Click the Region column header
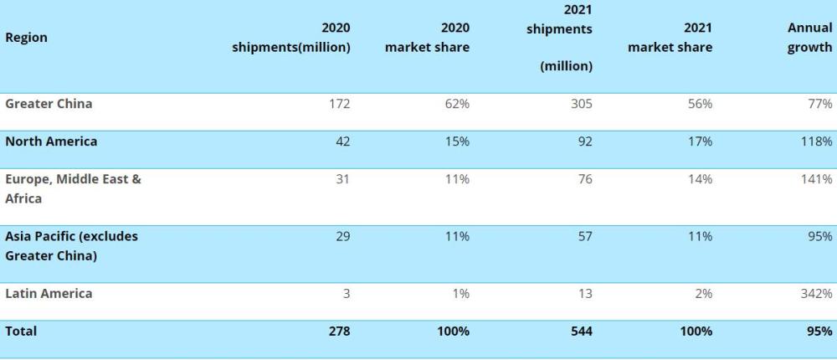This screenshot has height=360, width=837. pos(26,38)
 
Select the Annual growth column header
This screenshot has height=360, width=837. pos(809,38)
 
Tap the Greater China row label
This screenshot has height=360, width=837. pos(49,104)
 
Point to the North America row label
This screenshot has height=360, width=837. pos(51,141)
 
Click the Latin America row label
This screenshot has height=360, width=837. pos(49,294)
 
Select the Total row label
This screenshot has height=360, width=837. pos(21,332)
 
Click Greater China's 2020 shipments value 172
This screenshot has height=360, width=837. pos(339,104)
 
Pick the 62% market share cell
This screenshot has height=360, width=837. pos(457,104)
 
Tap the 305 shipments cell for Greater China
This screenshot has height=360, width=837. pos(581,104)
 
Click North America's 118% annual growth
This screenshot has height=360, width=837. pos(816,141)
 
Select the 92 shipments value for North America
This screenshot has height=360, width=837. pos(584,141)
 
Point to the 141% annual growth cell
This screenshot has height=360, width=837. pos(816,179)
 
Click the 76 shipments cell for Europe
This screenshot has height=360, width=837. pos(584,179)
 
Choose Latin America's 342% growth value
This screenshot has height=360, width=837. pos(816,294)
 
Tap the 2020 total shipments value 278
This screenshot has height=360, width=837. pos(339,332)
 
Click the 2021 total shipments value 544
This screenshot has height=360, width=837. pos(581,332)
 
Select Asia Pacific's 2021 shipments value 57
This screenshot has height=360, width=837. pos(584,236)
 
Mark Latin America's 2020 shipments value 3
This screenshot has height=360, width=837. pos(346,294)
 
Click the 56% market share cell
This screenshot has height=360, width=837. pos(701,104)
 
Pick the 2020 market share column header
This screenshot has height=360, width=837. pos(427,38)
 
